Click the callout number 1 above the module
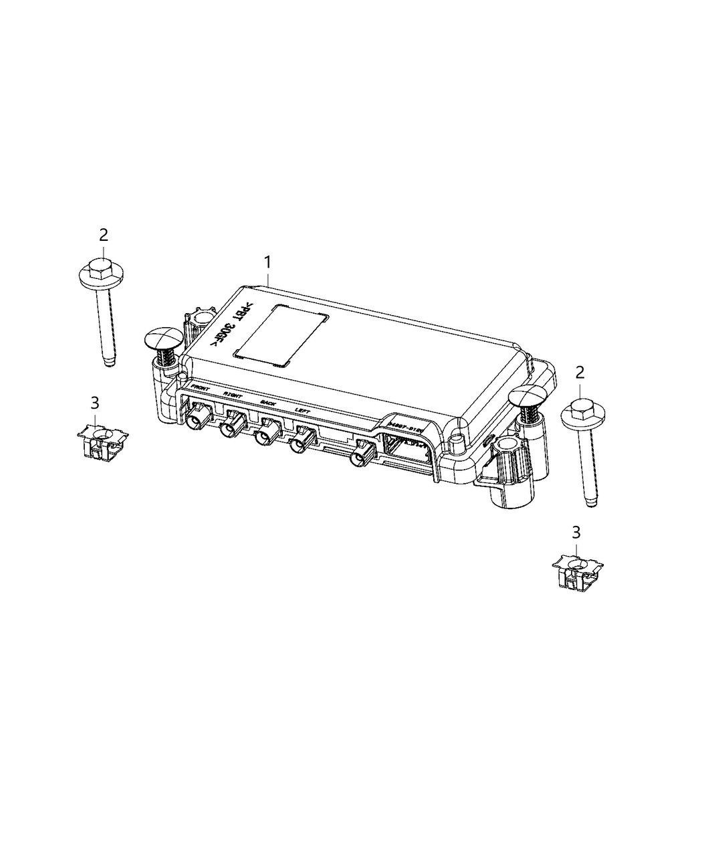[267, 262]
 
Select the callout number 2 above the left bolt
[103, 235]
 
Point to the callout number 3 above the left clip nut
[95, 403]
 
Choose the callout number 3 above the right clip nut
[576, 533]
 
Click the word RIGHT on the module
[233, 395]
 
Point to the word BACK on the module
[267, 403]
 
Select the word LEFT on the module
[302, 410]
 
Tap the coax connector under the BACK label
[263, 436]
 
